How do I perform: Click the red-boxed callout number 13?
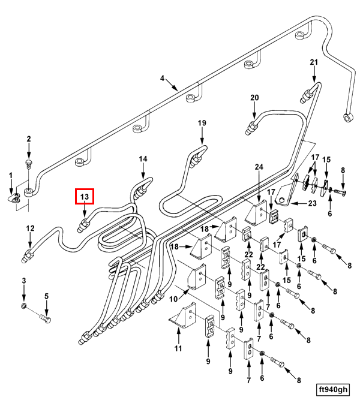(85, 197)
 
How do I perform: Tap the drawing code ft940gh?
(333, 389)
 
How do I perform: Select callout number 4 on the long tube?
(162, 78)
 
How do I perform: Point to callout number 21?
(314, 62)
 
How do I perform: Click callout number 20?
(254, 98)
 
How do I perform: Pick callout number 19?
(202, 123)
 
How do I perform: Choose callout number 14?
(143, 159)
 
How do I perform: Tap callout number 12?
(30, 228)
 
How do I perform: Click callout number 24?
(259, 167)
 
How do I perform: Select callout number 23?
(312, 203)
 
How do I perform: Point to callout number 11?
(178, 348)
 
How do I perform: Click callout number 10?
(173, 299)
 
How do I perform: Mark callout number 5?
(47, 296)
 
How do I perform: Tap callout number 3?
(24, 281)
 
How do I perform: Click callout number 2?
(29, 139)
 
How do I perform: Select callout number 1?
(11, 176)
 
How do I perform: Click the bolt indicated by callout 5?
(45, 318)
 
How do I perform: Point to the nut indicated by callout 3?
(23, 306)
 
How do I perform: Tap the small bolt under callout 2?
(29, 164)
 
